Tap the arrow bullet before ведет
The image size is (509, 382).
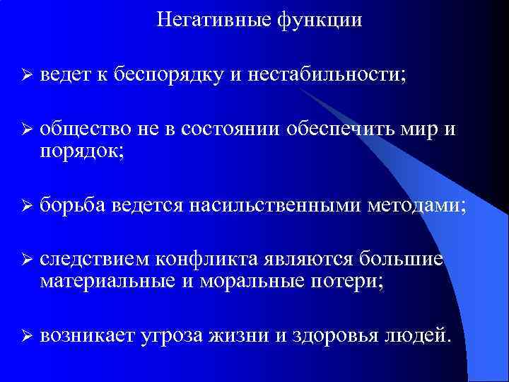(x=25, y=75)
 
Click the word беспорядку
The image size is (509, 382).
(x=169, y=75)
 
